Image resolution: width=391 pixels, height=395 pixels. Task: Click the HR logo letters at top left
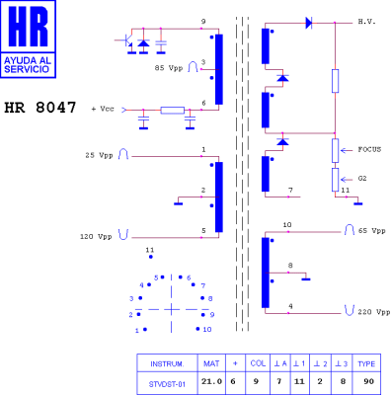tap(28, 26)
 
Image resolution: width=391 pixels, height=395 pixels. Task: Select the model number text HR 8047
tap(40, 108)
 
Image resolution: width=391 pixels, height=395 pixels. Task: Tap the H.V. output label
tap(367, 22)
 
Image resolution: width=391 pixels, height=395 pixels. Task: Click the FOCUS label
tap(369, 149)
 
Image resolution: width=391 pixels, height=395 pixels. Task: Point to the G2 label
tap(362, 179)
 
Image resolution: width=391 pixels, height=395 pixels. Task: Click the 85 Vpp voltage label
tap(169, 68)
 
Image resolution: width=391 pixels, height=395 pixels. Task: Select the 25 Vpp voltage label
tap(99, 155)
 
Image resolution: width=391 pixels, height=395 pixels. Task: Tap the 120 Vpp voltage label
tap(96, 236)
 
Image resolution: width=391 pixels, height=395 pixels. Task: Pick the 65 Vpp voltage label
tap(371, 231)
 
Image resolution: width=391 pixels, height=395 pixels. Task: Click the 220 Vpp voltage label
tap(374, 312)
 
